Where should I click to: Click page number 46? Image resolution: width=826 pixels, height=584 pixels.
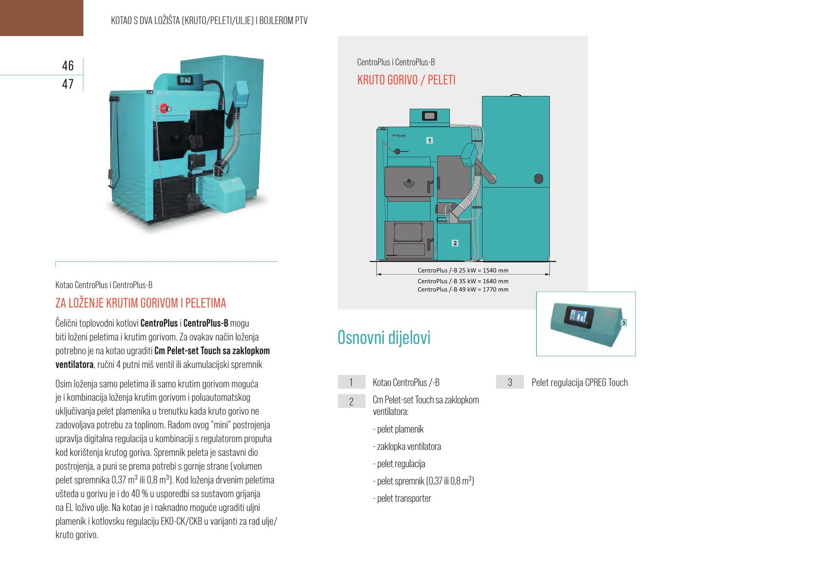pyautogui.click(x=68, y=65)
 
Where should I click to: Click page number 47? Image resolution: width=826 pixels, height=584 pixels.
pyautogui.click(x=68, y=84)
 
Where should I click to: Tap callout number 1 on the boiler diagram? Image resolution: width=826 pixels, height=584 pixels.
pyautogui.click(x=429, y=141)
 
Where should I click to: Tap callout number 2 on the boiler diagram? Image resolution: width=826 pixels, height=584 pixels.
pyautogui.click(x=455, y=243)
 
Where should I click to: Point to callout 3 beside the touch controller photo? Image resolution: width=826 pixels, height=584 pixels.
pyautogui.click(x=624, y=323)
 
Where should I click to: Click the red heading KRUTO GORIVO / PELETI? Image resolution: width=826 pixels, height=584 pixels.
pyautogui.click(x=406, y=80)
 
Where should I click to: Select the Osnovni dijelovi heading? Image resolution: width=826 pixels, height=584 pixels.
pyautogui.click(x=384, y=338)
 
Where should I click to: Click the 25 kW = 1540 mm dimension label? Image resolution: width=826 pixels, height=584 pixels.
pyautogui.click(x=463, y=270)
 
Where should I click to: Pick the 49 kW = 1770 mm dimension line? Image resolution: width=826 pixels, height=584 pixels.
pyautogui.click(x=463, y=289)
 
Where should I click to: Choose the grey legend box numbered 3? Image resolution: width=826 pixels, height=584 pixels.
pyautogui.click(x=510, y=382)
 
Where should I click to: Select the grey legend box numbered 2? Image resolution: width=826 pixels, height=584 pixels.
pyautogui.click(x=351, y=401)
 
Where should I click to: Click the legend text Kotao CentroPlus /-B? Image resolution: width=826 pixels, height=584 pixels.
pyautogui.click(x=406, y=382)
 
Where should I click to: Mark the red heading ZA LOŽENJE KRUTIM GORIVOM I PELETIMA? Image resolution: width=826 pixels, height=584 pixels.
pyautogui.click(x=141, y=303)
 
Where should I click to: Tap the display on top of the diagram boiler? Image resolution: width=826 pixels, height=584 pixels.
pyautogui.click(x=430, y=116)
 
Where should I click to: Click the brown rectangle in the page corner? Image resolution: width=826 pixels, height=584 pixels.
pyautogui.click(x=41, y=18)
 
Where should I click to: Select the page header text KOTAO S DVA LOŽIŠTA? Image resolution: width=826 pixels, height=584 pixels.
pyautogui.click(x=209, y=21)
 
